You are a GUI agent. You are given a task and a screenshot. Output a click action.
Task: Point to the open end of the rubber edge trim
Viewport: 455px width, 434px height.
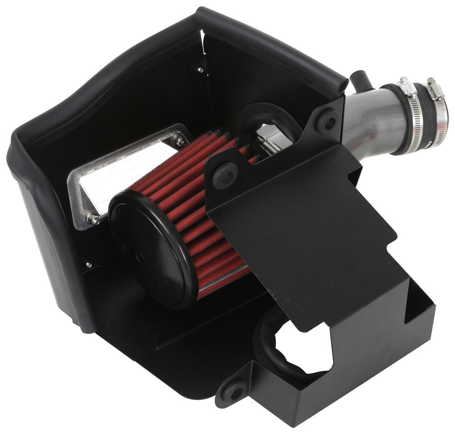pos(339,84)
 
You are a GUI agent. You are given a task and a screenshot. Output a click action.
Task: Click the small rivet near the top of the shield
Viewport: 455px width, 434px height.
pos(199,70)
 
